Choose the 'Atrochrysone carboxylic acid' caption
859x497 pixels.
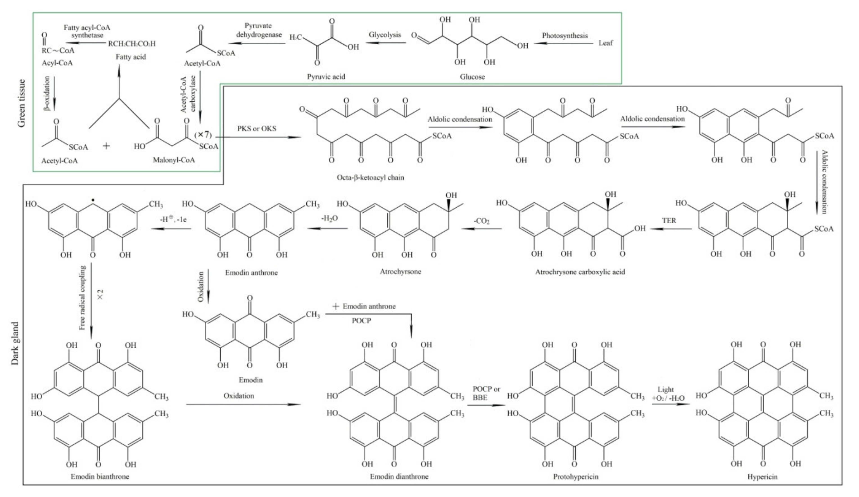pos(580,272)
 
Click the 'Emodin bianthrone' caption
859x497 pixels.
pos(100,476)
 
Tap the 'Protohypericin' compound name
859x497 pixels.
pos(576,476)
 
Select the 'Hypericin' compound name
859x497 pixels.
pos(762,477)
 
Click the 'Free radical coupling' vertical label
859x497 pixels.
pos(82,298)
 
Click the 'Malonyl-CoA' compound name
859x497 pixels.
pos(174,160)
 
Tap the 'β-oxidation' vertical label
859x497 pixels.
pos(47,93)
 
